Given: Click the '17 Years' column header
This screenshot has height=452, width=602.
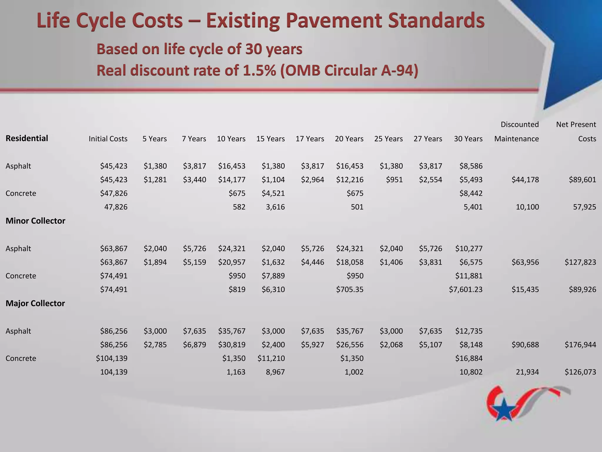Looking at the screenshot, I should [x=310, y=139].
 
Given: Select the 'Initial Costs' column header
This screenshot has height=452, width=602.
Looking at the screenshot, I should [x=108, y=139].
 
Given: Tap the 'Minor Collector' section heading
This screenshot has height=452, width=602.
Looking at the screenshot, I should [x=35, y=221].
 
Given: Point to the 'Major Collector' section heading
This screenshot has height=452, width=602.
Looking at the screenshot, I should [x=35, y=303].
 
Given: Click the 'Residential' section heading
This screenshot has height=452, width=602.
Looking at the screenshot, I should [x=27, y=138].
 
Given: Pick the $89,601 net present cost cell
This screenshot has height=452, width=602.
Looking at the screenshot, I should [x=582, y=180].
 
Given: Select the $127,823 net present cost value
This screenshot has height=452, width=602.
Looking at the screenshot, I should [x=580, y=262].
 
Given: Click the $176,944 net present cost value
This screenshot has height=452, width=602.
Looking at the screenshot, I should [x=580, y=345].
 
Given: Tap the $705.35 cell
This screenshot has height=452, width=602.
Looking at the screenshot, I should [x=350, y=290].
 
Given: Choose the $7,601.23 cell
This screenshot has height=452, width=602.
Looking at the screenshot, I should [x=466, y=290].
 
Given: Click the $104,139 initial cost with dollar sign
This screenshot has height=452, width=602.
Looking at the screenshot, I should [x=112, y=358].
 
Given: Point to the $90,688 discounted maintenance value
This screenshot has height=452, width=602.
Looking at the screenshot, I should [x=525, y=345].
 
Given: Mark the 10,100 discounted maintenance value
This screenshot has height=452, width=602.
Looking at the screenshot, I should [x=527, y=207].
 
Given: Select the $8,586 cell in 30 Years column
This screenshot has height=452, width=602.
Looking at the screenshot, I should [x=471, y=166].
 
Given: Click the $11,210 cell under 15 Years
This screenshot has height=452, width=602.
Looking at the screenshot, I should [x=271, y=358].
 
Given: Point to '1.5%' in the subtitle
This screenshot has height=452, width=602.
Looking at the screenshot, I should [x=259, y=71].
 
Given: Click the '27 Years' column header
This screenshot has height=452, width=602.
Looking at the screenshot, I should [x=428, y=139].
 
